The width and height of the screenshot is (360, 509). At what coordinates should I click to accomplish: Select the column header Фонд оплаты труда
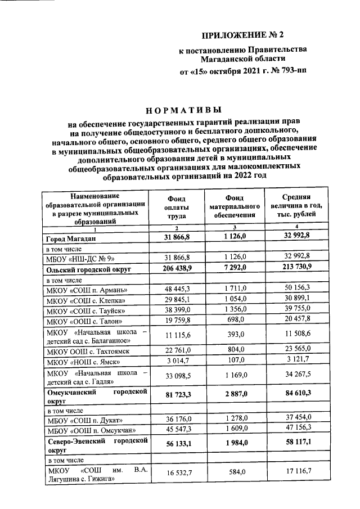tap(176, 206)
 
